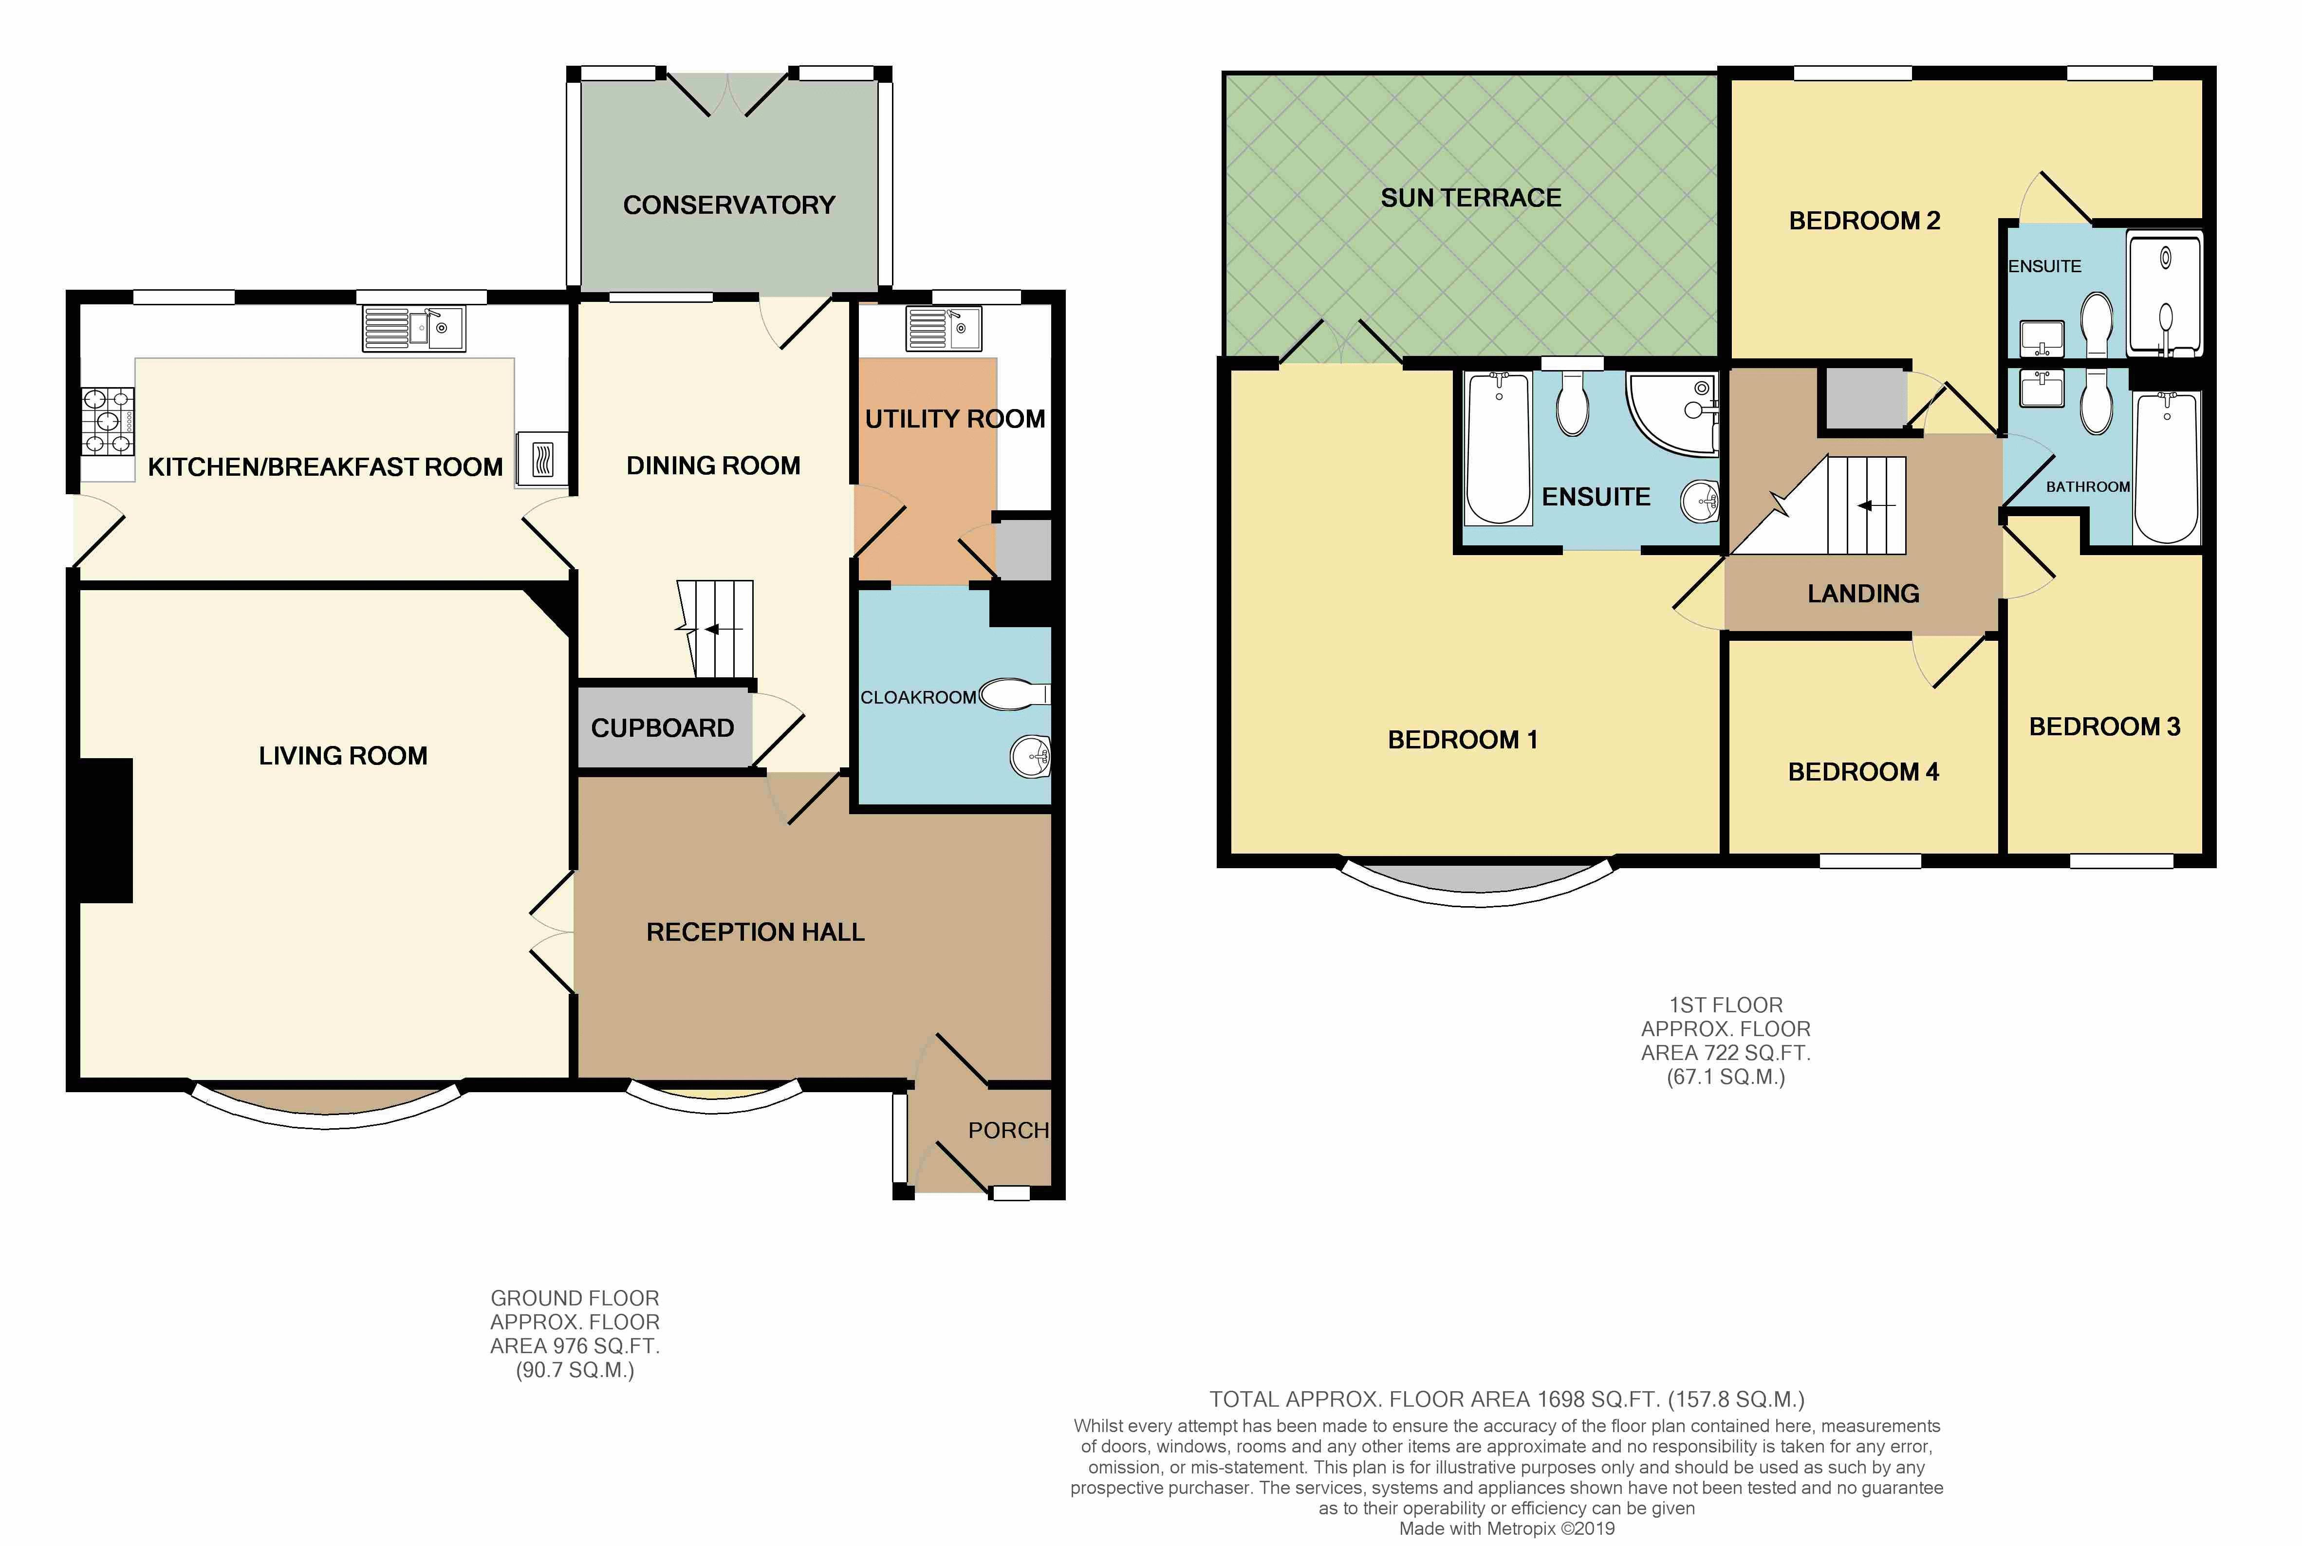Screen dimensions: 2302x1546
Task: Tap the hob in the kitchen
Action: point(108,422)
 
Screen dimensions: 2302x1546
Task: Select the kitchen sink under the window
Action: point(413,328)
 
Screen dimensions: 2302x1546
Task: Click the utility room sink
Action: point(944,328)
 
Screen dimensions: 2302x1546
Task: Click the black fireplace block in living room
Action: point(105,830)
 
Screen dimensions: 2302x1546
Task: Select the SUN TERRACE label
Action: point(1471,198)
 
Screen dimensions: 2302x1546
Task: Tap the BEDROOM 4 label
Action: point(1863,772)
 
